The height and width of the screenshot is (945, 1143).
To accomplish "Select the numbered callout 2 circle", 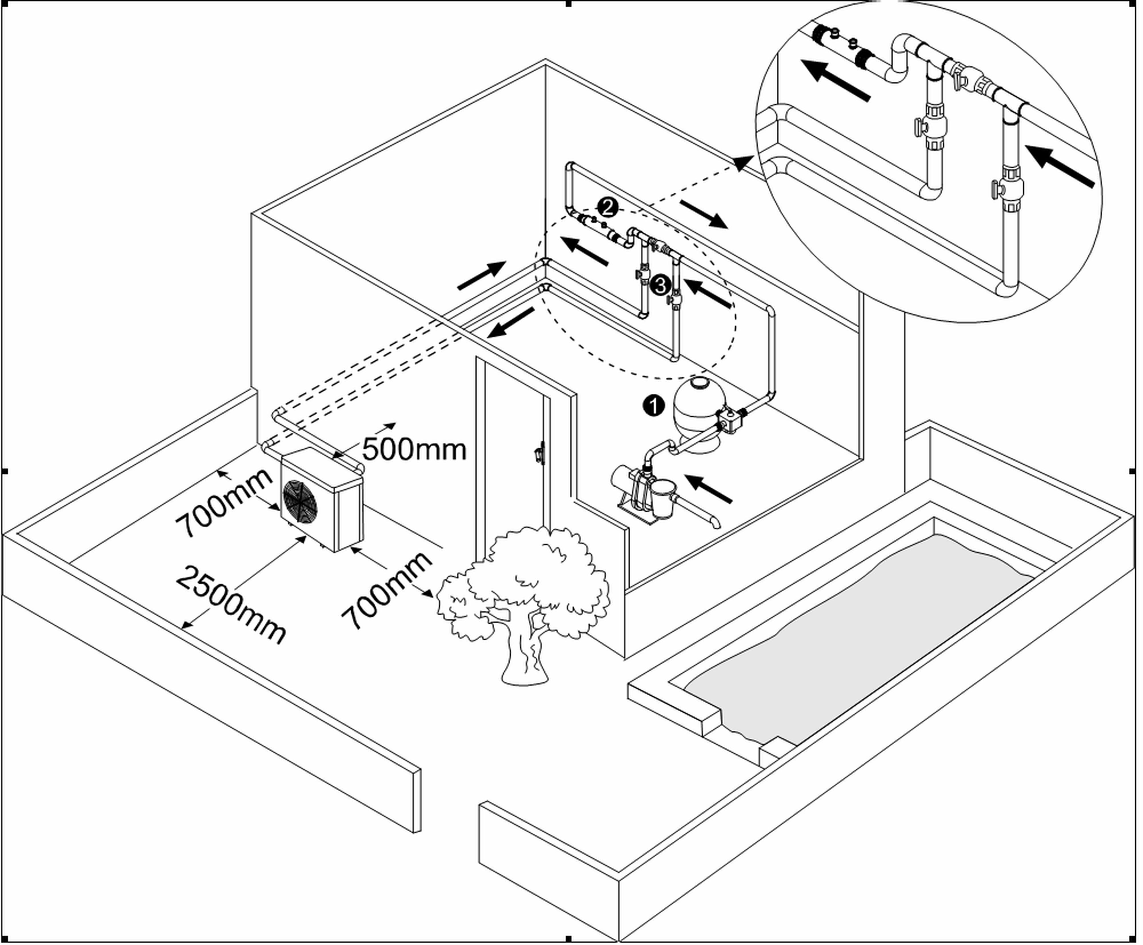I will coord(607,207).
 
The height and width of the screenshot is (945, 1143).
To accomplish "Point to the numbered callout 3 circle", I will coord(660,285).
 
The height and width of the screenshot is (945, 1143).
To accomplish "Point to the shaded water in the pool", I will coord(860,642).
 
